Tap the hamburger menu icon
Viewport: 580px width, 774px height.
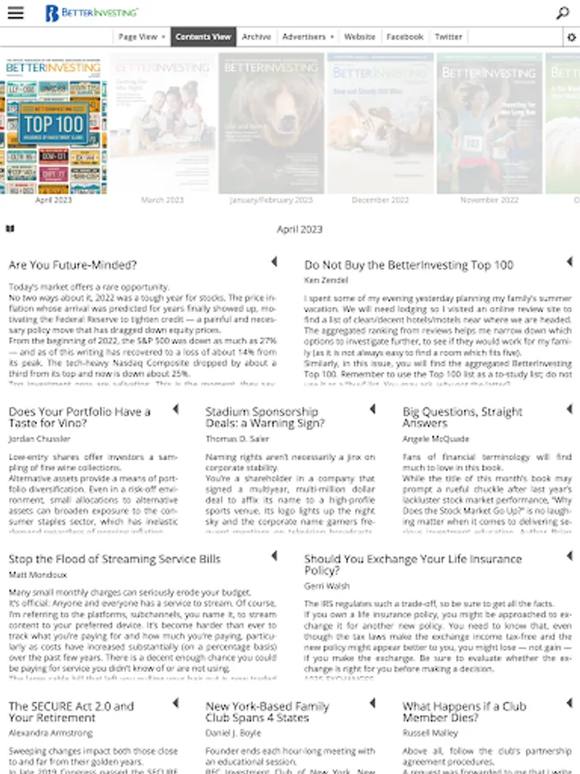coord(15,13)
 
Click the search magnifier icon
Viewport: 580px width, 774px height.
coord(562,13)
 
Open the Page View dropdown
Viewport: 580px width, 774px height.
coord(142,37)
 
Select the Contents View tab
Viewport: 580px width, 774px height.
coord(203,37)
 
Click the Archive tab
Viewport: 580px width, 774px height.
coord(256,37)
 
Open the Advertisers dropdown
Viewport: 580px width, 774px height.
coord(308,37)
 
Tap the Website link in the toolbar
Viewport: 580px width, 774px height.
coord(359,37)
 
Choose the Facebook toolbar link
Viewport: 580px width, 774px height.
coord(405,37)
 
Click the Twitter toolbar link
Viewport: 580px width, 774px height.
coord(449,37)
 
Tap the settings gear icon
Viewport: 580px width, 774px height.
coord(571,38)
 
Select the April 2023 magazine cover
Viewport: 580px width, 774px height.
coord(53,126)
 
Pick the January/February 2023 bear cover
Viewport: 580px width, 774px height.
coord(271,124)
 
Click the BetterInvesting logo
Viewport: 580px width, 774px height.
coord(91,13)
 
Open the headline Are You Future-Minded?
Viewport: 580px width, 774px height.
coord(73,265)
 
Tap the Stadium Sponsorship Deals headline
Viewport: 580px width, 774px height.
coord(265,417)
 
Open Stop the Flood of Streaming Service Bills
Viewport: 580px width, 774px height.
coord(114,559)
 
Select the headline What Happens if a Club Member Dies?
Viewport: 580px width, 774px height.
coord(464,712)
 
